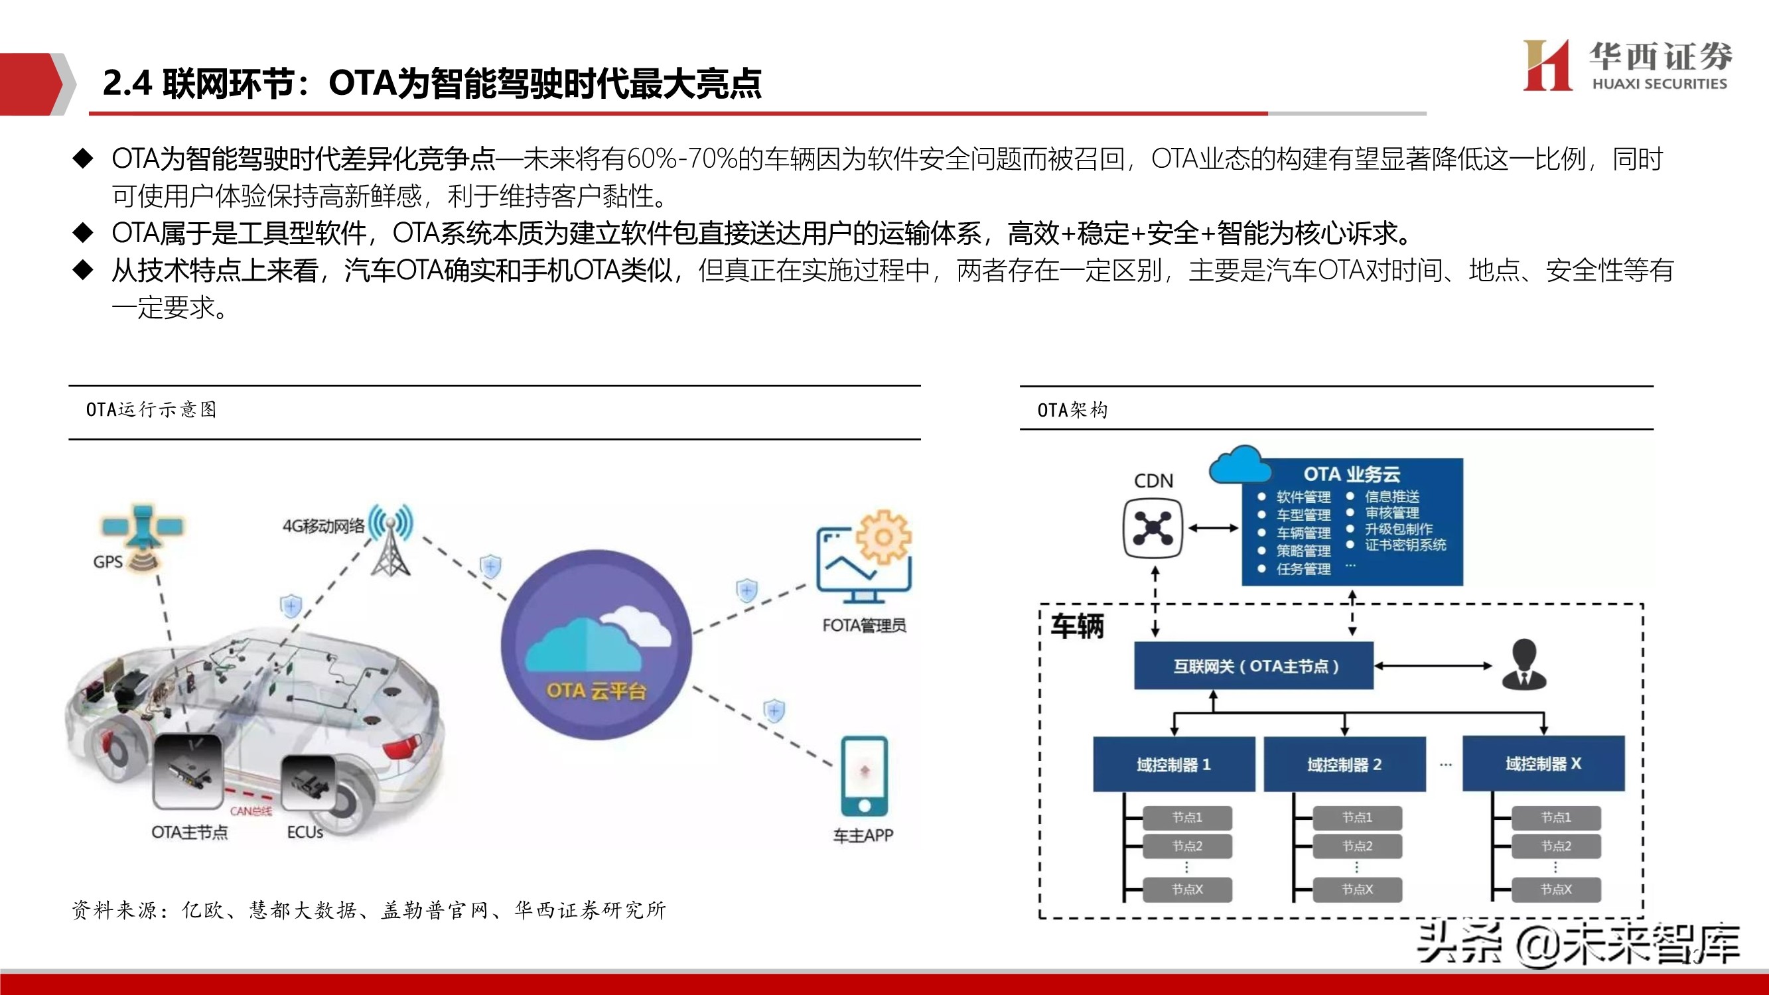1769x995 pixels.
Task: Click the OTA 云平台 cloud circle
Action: (595, 645)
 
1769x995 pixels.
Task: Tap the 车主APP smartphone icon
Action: (864, 777)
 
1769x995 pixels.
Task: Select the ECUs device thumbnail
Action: (309, 783)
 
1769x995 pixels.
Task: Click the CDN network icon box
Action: (1153, 527)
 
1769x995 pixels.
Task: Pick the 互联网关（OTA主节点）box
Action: (1253, 665)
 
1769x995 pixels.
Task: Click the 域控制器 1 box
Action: (1174, 763)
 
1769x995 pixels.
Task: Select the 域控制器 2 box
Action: (1344, 763)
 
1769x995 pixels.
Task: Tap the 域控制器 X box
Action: (1543, 763)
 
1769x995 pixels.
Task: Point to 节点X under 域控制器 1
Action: (1187, 890)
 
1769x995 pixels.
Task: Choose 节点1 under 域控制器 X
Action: (1555, 817)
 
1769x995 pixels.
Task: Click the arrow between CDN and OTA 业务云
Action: (1213, 528)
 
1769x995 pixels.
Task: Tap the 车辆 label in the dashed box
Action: (1078, 626)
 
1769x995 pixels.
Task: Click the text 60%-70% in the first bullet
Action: (682, 159)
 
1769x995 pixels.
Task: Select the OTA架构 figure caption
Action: (1072, 410)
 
